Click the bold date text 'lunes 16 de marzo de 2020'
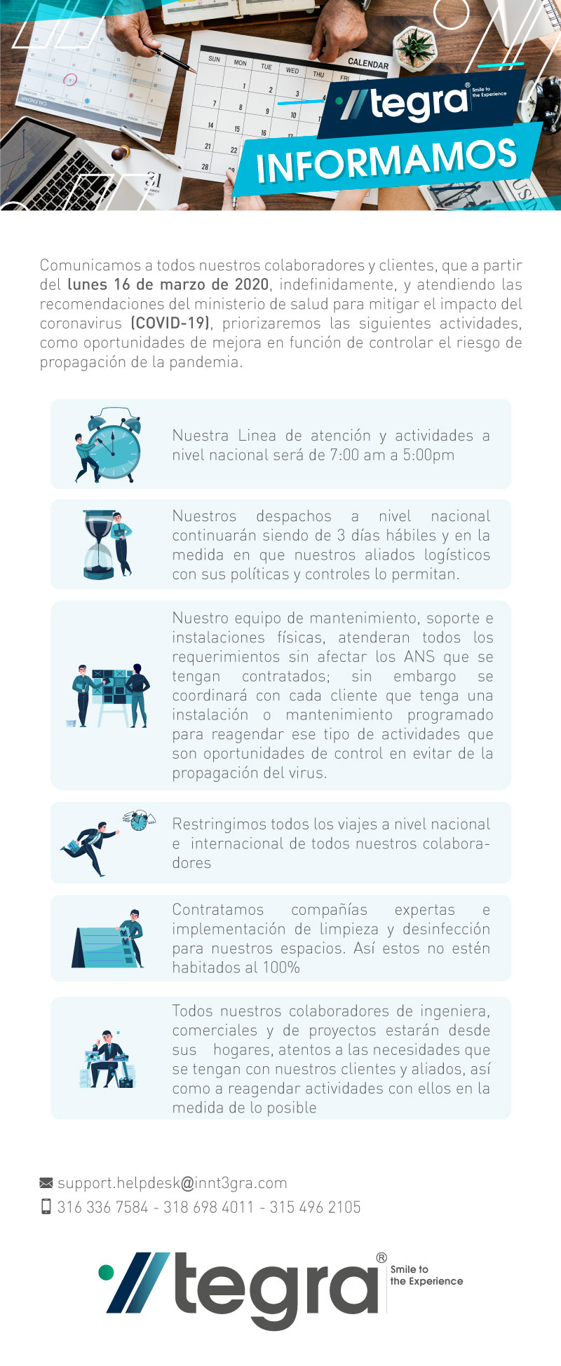coord(168,284)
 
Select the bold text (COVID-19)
coord(170,323)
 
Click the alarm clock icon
coord(112,443)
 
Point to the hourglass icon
coord(100,544)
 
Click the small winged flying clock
coord(138,820)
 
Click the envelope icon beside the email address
coord(46,1183)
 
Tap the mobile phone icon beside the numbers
coord(46,1206)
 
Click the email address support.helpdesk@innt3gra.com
coord(173,1183)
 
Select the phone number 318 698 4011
coord(208,1207)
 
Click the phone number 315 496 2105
coord(315,1207)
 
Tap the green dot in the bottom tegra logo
coord(106,1271)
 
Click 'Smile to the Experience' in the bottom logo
coord(426,1275)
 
